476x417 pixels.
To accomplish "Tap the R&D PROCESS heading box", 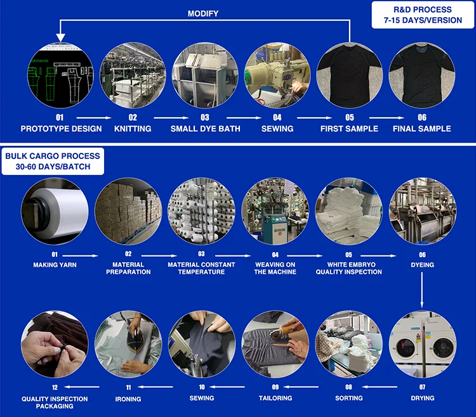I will pyautogui.click(x=422, y=15).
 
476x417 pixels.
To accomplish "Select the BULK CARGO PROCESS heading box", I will pyautogui.click(x=53, y=161).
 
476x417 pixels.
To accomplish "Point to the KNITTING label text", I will pyautogui.click(x=133, y=129).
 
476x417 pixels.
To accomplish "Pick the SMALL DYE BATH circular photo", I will pyautogui.click(x=205, y=75).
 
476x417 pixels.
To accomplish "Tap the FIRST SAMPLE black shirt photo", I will pyautogui.click(x=350, y=75).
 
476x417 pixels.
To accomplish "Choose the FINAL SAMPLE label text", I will pyautogui.click(x=422, y=129).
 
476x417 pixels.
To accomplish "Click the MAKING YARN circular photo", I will pyautogui.click(x=54, y=211).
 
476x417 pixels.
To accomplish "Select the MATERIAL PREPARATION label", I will pyautogui.click(x=128, y=268).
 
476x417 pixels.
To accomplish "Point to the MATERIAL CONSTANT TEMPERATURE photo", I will pyautogui.click(x=201, y=211).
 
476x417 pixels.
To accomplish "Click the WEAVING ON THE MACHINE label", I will pyautogui.click(x=275, y=268).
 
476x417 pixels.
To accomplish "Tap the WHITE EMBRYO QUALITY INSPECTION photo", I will pyautogui.click(x=348, y=211).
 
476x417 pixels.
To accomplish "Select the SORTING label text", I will pyautogui.click(x=349, y=398).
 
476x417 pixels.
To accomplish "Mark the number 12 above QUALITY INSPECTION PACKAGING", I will pyautogui.click(x=55, y=387).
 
